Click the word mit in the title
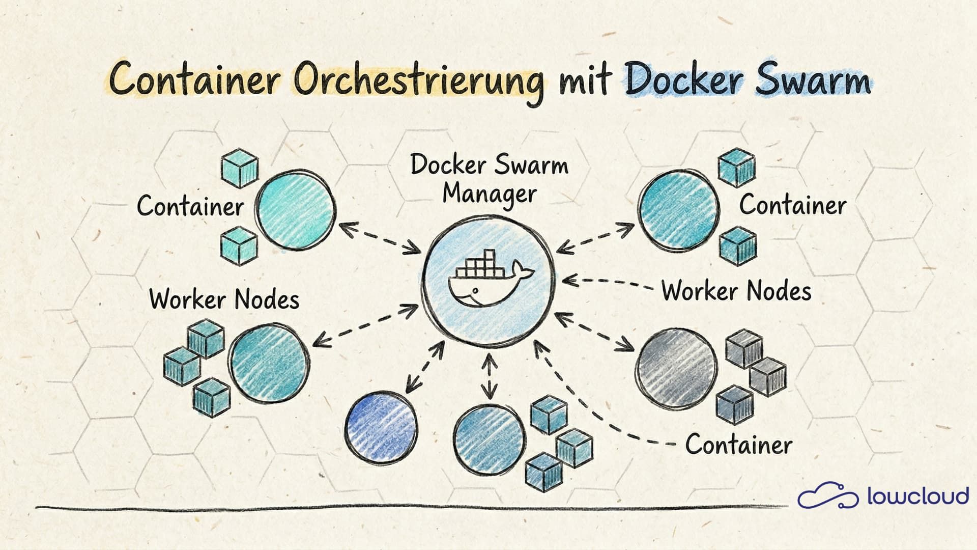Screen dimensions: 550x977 [x=584, y=81]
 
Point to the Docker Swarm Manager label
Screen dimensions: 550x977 [x=490, y=179]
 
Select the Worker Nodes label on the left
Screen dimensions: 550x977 [x=224, y=299]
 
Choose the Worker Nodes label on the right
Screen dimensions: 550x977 [x=736, y=291]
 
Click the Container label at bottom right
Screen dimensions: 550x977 [x=738, y=444]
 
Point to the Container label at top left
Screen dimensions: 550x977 [x=190, y=206]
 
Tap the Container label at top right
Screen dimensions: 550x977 [x=792, y=205]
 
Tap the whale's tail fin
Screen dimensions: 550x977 [x=522, y=269]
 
